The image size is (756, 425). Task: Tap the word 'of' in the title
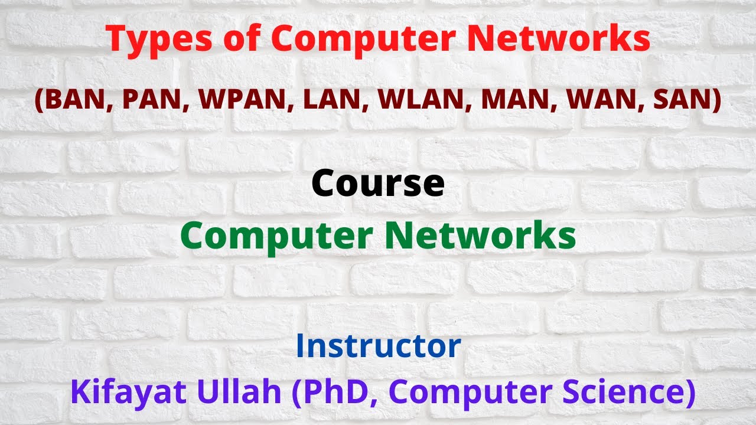point(239,39)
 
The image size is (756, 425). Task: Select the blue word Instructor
point(378,346)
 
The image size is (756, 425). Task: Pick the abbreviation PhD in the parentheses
point(328,393)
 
